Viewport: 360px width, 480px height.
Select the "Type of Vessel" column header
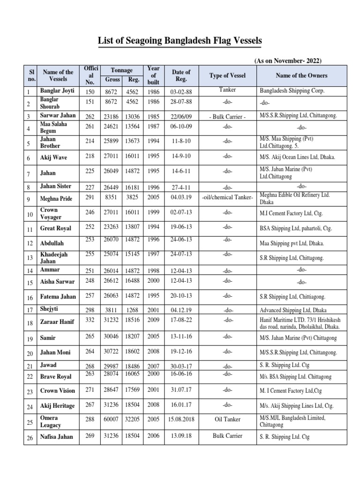227,75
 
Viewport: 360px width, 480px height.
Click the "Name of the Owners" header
302,75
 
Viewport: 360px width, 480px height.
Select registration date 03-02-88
181,91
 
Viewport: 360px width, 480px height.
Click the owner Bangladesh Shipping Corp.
292,90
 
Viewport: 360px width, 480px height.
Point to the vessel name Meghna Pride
56,198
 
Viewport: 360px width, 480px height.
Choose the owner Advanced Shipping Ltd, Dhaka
293,310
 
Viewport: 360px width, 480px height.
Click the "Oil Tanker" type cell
227,420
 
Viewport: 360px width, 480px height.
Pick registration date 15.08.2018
181,420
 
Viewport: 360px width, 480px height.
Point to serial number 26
30,437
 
